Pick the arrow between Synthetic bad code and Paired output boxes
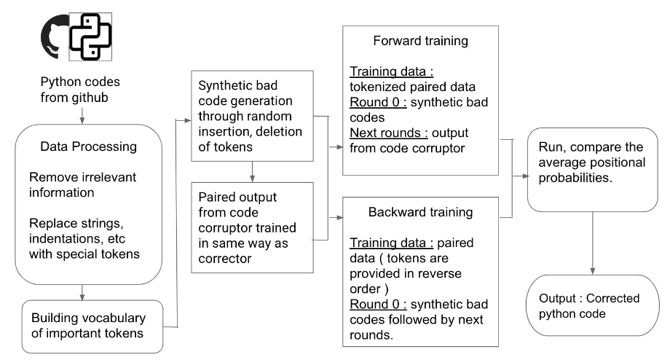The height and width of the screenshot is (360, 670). point(251,173)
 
